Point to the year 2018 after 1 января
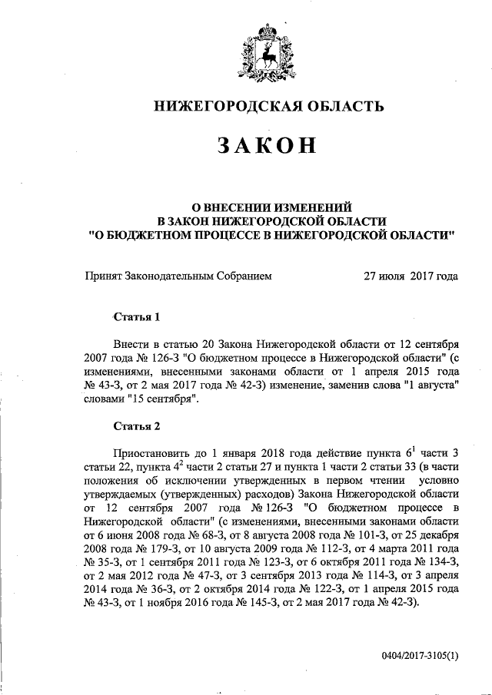click(x=274, y=453)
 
